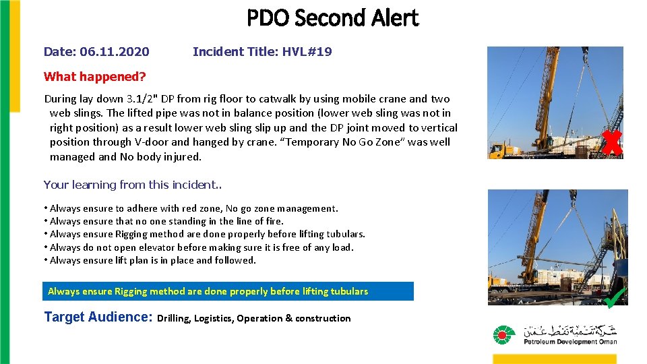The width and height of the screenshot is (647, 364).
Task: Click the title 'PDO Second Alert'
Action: click(x=332, y=18)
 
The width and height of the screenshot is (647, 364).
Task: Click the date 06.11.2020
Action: click(x=115, y=52)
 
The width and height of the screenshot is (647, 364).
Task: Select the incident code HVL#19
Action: click(x=308, y=52)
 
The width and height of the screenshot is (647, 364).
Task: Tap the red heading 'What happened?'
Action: click(x=94, y=77)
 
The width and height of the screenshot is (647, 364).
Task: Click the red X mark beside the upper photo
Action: click(x=611, y=143)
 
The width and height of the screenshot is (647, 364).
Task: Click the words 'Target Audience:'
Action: click(x=98, y=317)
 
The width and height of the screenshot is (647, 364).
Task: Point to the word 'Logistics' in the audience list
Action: click(x=215, y=318)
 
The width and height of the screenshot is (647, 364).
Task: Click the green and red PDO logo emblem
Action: click(x=503, y=335)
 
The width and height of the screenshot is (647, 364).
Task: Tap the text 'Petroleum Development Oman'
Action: click(x=570, y=342)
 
